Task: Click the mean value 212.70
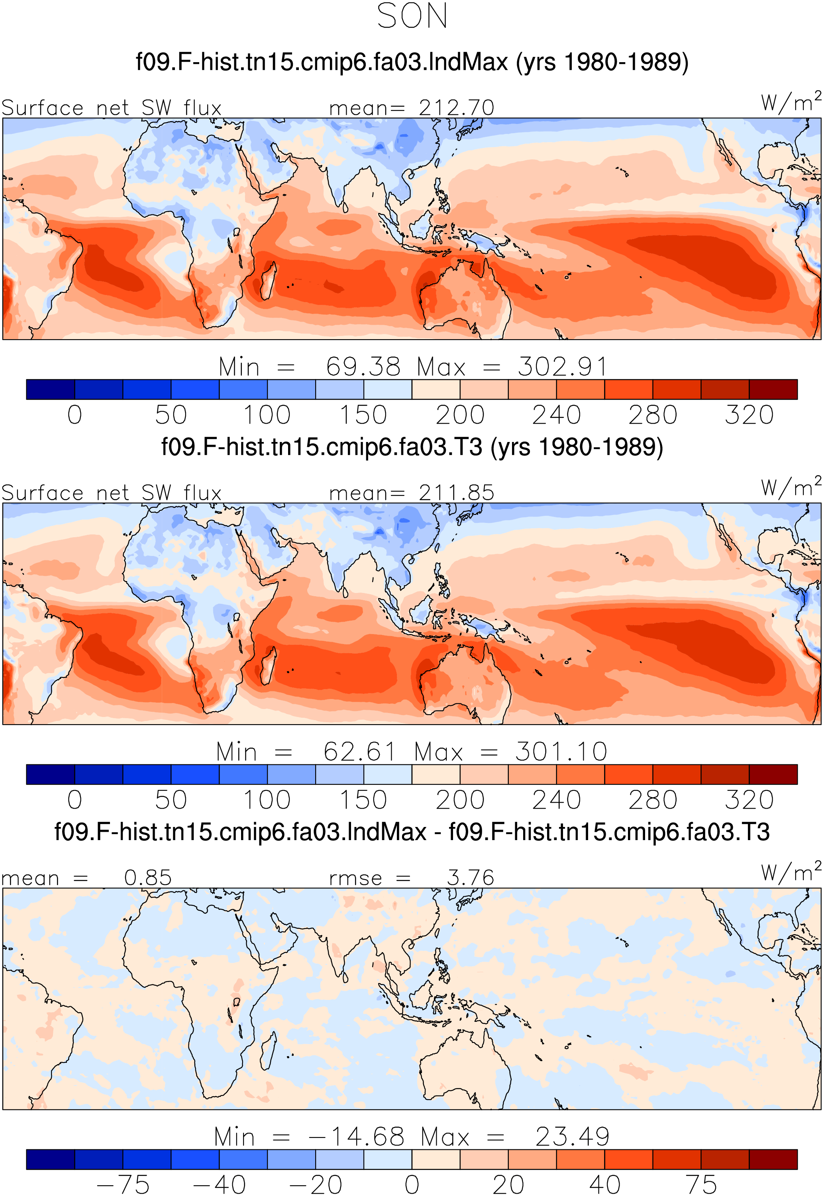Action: (x=456, y=108)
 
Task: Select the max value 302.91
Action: (x=562, y=367)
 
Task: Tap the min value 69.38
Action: (x=363, y=367)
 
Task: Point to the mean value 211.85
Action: (x=456, y=493)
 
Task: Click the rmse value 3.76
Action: (x=470, y=878)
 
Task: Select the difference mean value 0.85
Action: (x=148, y=878)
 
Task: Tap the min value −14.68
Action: (x=356, y=1137)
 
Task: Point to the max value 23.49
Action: (x=572, y=1137)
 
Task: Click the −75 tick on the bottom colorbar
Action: (x=123, y=1184)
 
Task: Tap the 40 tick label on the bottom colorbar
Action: (x=604, y=1184)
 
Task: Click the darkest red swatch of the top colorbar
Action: (x=773, y=389)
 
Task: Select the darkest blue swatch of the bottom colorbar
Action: (x=51, y=1159)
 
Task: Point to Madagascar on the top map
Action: (x=267, y=281)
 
